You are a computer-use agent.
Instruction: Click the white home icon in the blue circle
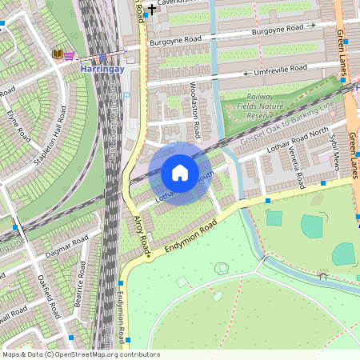(180, 173)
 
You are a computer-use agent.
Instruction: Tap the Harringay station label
(102, 70)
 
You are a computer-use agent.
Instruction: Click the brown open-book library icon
(57, 54)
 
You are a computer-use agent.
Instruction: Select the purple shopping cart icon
(70, 55)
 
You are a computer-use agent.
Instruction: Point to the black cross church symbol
(151, 8)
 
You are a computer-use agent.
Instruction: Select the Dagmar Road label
(70, 249)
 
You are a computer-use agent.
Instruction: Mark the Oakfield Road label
(48, 295)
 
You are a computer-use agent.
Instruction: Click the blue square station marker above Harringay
(102, 58)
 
